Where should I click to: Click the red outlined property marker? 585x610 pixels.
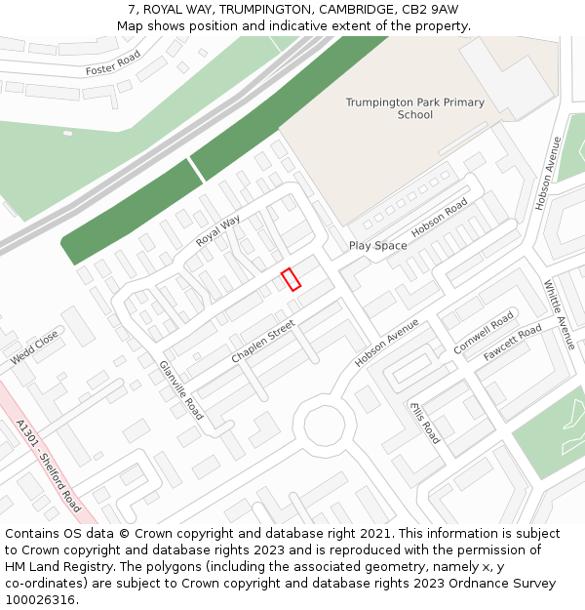pos(291,279)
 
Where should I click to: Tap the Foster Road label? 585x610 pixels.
pos(113,64)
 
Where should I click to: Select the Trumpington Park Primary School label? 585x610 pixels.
pos(414,108)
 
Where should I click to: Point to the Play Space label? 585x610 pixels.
pos(377,246)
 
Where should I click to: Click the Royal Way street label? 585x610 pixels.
pos(217,230)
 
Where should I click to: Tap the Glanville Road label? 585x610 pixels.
pos(180,389)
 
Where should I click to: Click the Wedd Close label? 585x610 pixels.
pos(35,347)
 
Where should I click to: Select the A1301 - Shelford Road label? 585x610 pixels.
pos(49,467)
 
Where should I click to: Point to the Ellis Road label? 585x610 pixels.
pos(425,422)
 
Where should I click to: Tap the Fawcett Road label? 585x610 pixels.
pos(512,344)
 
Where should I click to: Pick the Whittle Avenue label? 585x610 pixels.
pos(560,314)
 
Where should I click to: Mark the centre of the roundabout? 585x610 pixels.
pos(325,425)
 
